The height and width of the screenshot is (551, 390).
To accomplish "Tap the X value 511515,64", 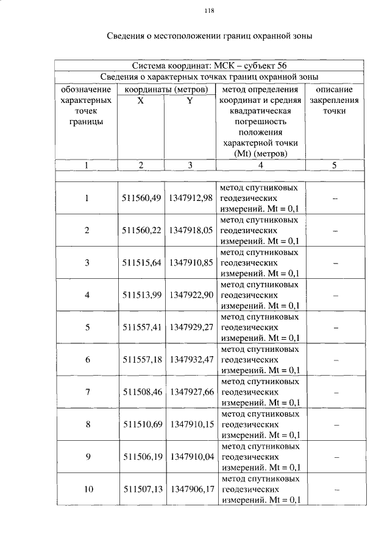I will tap(141, 263).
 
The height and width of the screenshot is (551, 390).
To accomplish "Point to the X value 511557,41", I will tap(141, 328).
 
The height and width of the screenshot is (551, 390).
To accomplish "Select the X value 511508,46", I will tap(141, 392).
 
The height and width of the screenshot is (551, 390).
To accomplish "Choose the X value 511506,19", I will tap(141, 456).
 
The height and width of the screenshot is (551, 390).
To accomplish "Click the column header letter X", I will tap(141, 101).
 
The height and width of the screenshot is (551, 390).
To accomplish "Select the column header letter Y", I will tap(190, 101).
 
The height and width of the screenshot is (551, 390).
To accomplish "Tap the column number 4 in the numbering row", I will tap(260, 165).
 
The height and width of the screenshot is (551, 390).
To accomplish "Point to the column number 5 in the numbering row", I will tap(335, 165).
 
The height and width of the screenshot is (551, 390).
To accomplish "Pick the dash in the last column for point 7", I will tap(335, 393).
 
